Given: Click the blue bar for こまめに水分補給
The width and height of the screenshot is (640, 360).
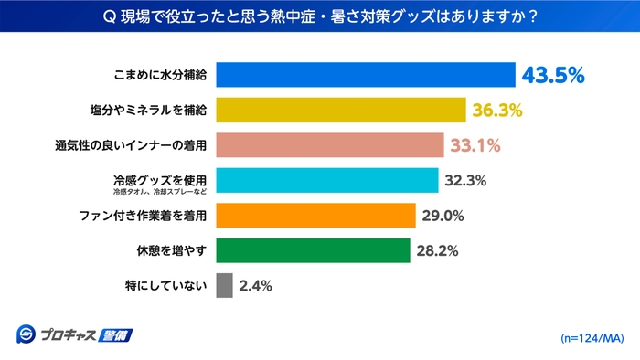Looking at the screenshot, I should (x=366, y=75).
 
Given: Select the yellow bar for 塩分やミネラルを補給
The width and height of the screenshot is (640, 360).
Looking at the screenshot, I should (x=341, y=110).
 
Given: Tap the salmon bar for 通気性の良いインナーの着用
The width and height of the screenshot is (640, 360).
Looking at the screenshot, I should (x=330, y=145).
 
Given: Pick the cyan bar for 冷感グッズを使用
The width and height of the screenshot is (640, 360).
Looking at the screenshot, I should (x=327, y=180).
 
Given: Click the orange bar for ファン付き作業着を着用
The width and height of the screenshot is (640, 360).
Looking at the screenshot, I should (x=316, y=216).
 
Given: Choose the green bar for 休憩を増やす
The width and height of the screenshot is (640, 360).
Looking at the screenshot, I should (x=313, y=250).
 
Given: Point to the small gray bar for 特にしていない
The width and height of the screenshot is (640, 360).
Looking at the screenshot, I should (x=224, y=285).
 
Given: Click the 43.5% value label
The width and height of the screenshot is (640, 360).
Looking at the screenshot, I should (x=551, y=75).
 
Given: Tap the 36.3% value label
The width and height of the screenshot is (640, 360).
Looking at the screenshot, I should (x=497, y=111).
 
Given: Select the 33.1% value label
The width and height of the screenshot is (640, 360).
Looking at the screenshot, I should (x=475, y=145).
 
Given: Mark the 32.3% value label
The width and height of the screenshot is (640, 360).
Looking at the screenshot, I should (x=465, y=181).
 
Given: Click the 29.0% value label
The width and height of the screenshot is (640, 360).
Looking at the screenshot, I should (x=443, y=216).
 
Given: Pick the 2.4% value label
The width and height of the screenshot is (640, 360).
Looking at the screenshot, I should (x=255, y=286).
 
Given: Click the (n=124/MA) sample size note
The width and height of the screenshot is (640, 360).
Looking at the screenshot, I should (x=592, y=338).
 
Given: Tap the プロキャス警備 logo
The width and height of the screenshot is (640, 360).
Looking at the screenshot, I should (x=74, y=334).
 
